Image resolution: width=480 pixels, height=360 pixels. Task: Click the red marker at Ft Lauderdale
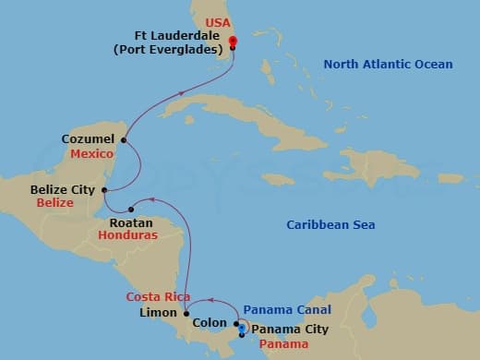click(233, 42)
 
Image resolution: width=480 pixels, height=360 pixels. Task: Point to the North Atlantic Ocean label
click(388, 65)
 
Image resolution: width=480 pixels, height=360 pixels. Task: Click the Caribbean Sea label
click(330, 224)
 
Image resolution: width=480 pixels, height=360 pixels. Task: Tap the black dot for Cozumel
click(123, 141)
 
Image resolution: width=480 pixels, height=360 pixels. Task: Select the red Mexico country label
click(91, 153)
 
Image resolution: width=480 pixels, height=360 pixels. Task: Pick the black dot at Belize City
click(106, 190)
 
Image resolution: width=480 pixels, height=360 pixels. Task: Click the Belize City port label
click(63, 189)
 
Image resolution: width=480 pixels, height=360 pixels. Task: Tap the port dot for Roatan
click(132, 209)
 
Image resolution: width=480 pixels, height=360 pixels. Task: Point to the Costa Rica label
click(158, 296)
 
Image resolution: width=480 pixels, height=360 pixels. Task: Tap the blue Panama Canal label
click(286, 310)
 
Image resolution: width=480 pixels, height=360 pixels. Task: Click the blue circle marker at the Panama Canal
click(242, 328)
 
